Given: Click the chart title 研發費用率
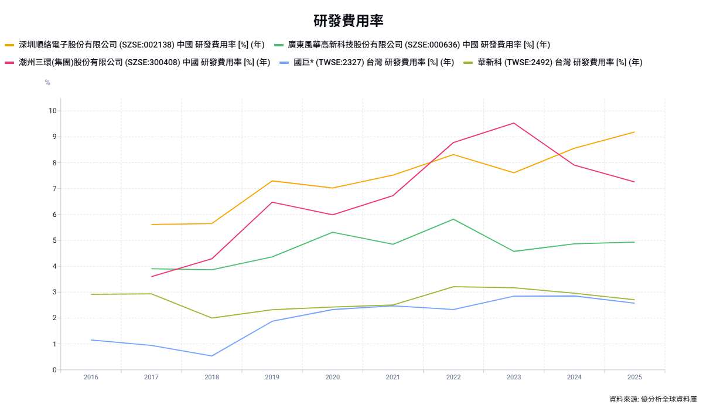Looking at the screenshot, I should click(349, 21).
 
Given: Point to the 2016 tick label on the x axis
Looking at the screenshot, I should click(91, 377).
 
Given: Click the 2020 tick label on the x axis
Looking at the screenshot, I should click(333, 377).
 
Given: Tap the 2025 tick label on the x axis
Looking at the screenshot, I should click(634, 377).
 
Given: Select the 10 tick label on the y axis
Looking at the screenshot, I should click(53, 111).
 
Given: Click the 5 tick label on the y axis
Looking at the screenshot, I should click(54, 240).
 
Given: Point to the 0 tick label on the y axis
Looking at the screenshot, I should click(54, 370).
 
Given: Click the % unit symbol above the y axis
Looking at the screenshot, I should click(47, 83).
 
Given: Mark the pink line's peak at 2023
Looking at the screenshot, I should click(514, 123).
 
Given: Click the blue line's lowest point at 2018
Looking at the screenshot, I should click(212, 356).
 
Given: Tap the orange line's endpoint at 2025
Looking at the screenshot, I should click(634, 132).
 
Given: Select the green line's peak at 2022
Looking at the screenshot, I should click(453, 219).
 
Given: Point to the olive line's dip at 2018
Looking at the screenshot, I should click(212, 318).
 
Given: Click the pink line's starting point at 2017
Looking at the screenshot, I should click(152, 277).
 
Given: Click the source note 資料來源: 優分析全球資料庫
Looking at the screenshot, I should click(653, 399).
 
